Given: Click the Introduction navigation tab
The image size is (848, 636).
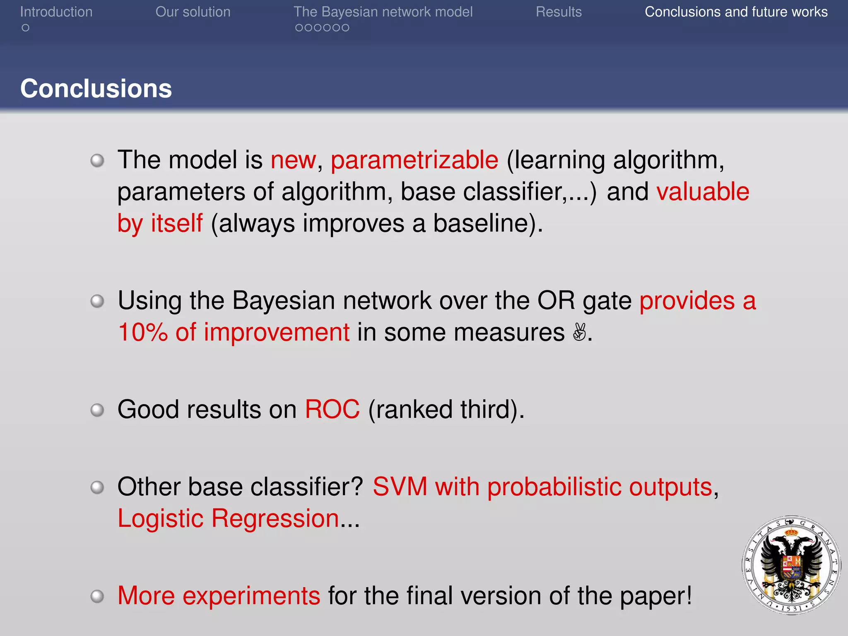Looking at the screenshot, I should [x=56, y=12].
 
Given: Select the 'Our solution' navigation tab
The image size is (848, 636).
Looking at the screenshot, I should [x=193, y=12].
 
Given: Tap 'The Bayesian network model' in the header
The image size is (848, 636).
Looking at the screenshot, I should [x=383, y=12].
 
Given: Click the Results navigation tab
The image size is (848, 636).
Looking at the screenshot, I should [x=559, y=12].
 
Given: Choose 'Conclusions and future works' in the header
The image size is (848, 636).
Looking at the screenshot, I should [x=736, y=12].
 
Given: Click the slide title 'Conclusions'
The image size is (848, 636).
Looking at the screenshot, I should [x=96, y=89].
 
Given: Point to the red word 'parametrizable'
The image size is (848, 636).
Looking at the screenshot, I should [x=414, y=160].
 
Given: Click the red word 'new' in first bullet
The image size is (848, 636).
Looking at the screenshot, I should [x=293, y=160].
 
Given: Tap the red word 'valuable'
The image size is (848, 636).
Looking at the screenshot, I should [x=703, y=192].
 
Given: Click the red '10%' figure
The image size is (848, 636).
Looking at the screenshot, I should [x=142, y=332].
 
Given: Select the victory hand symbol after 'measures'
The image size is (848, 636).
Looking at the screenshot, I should [x=579, y=332].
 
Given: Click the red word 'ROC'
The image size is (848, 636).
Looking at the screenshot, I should [x=332, y=410].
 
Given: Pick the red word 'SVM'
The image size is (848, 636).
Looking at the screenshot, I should [x=400, y=487].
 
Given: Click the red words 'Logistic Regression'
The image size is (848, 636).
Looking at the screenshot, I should [x=228, y=518].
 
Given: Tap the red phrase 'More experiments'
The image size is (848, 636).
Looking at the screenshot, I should [x=219, y=596].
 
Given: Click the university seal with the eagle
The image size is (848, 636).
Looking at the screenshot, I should [x=791, y=565].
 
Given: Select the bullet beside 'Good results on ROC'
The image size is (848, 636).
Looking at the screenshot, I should [x=97, y=410].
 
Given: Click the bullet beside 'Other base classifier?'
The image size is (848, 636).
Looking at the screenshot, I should [x=97, y=487].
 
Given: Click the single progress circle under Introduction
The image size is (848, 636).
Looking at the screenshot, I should [x=26, y=28].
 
